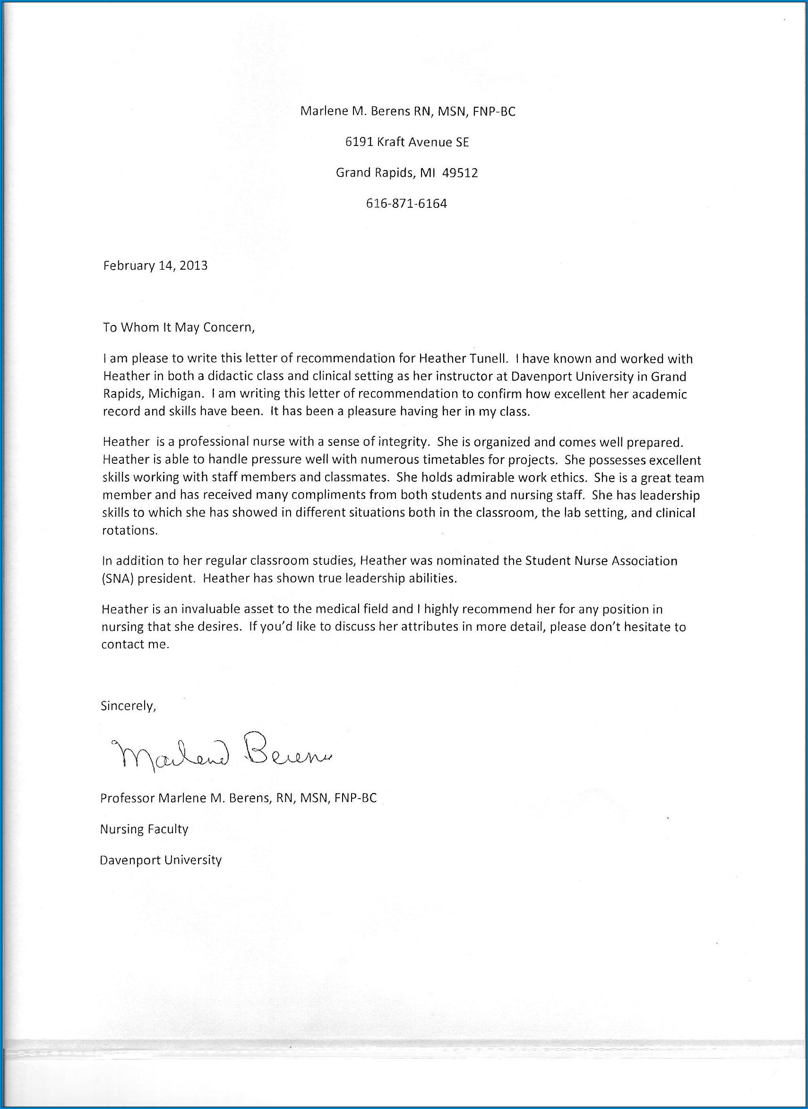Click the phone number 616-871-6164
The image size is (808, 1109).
406,204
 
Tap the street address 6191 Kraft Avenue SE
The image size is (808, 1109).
407,142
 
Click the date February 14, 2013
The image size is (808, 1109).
155,265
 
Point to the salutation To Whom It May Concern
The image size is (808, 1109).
179,327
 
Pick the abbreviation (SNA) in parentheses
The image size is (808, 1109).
118,579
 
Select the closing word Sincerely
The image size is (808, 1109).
128,706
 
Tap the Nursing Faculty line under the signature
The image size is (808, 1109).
144,829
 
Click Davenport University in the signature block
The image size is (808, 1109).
161,860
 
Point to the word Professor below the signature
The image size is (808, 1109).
127,798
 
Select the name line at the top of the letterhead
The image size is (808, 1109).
407,111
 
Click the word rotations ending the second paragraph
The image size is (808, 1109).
129,530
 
